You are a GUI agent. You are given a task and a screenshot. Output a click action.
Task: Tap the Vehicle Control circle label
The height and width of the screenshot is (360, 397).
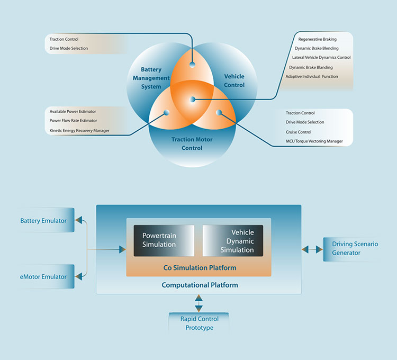[x=234, y=80]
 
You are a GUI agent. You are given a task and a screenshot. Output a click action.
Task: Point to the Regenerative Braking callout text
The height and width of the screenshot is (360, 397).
[x=317, y=39]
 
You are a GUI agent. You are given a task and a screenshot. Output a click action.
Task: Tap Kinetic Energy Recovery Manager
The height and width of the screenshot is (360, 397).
[x=79, y=130]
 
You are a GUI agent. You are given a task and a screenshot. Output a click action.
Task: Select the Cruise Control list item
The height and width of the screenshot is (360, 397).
[x=299, y=132]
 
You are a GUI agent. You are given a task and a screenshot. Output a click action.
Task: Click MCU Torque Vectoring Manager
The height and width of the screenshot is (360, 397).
[x=314, y=141]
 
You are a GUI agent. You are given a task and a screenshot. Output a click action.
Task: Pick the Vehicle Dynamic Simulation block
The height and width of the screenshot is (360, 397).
[x=233, y=240]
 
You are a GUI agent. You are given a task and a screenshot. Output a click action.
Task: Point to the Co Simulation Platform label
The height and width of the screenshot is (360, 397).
[x=200, y=268]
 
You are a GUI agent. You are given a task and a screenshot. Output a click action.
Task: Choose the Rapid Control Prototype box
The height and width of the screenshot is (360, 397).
[x=198, y=323]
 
